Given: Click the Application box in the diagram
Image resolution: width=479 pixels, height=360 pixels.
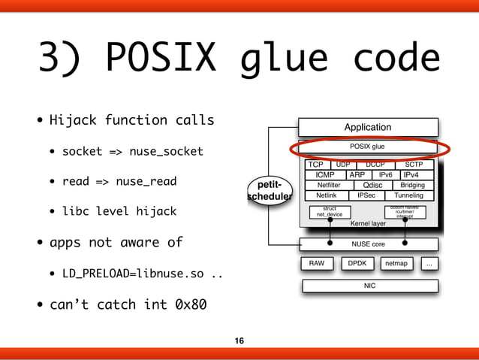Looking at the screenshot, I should click(367, 127).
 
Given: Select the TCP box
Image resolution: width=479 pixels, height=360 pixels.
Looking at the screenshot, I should click(315, 165).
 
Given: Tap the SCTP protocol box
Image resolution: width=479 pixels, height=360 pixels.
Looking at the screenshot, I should click(414, 165).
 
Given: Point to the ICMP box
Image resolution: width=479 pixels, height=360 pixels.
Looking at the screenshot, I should click(325, 174).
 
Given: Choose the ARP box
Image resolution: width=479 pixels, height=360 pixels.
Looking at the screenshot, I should click(357, 174).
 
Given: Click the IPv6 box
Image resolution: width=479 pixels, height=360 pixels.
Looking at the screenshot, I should click(385, 174).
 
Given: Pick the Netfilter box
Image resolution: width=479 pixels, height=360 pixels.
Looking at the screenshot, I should click(329, 185).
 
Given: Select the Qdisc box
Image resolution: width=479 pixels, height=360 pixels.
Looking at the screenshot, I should click(372, 185).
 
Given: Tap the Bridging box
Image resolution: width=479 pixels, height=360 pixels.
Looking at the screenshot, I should click(412, 185).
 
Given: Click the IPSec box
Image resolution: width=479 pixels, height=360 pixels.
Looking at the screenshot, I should click(366, 195).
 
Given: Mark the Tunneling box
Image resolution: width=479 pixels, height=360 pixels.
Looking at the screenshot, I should click(408, 195).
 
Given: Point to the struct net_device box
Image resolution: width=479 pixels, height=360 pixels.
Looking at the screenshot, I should click(329, 212).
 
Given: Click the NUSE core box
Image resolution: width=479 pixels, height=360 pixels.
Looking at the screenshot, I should click(368, 244).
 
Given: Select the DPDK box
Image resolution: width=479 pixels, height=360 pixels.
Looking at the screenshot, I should click(356, 264).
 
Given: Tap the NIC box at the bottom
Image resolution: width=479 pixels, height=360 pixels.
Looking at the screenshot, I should click(369, 286).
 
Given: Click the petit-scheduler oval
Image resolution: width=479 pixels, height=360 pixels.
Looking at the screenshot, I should click(270, 190).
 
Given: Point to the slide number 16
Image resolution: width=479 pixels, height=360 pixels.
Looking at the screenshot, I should click(239, 341).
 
